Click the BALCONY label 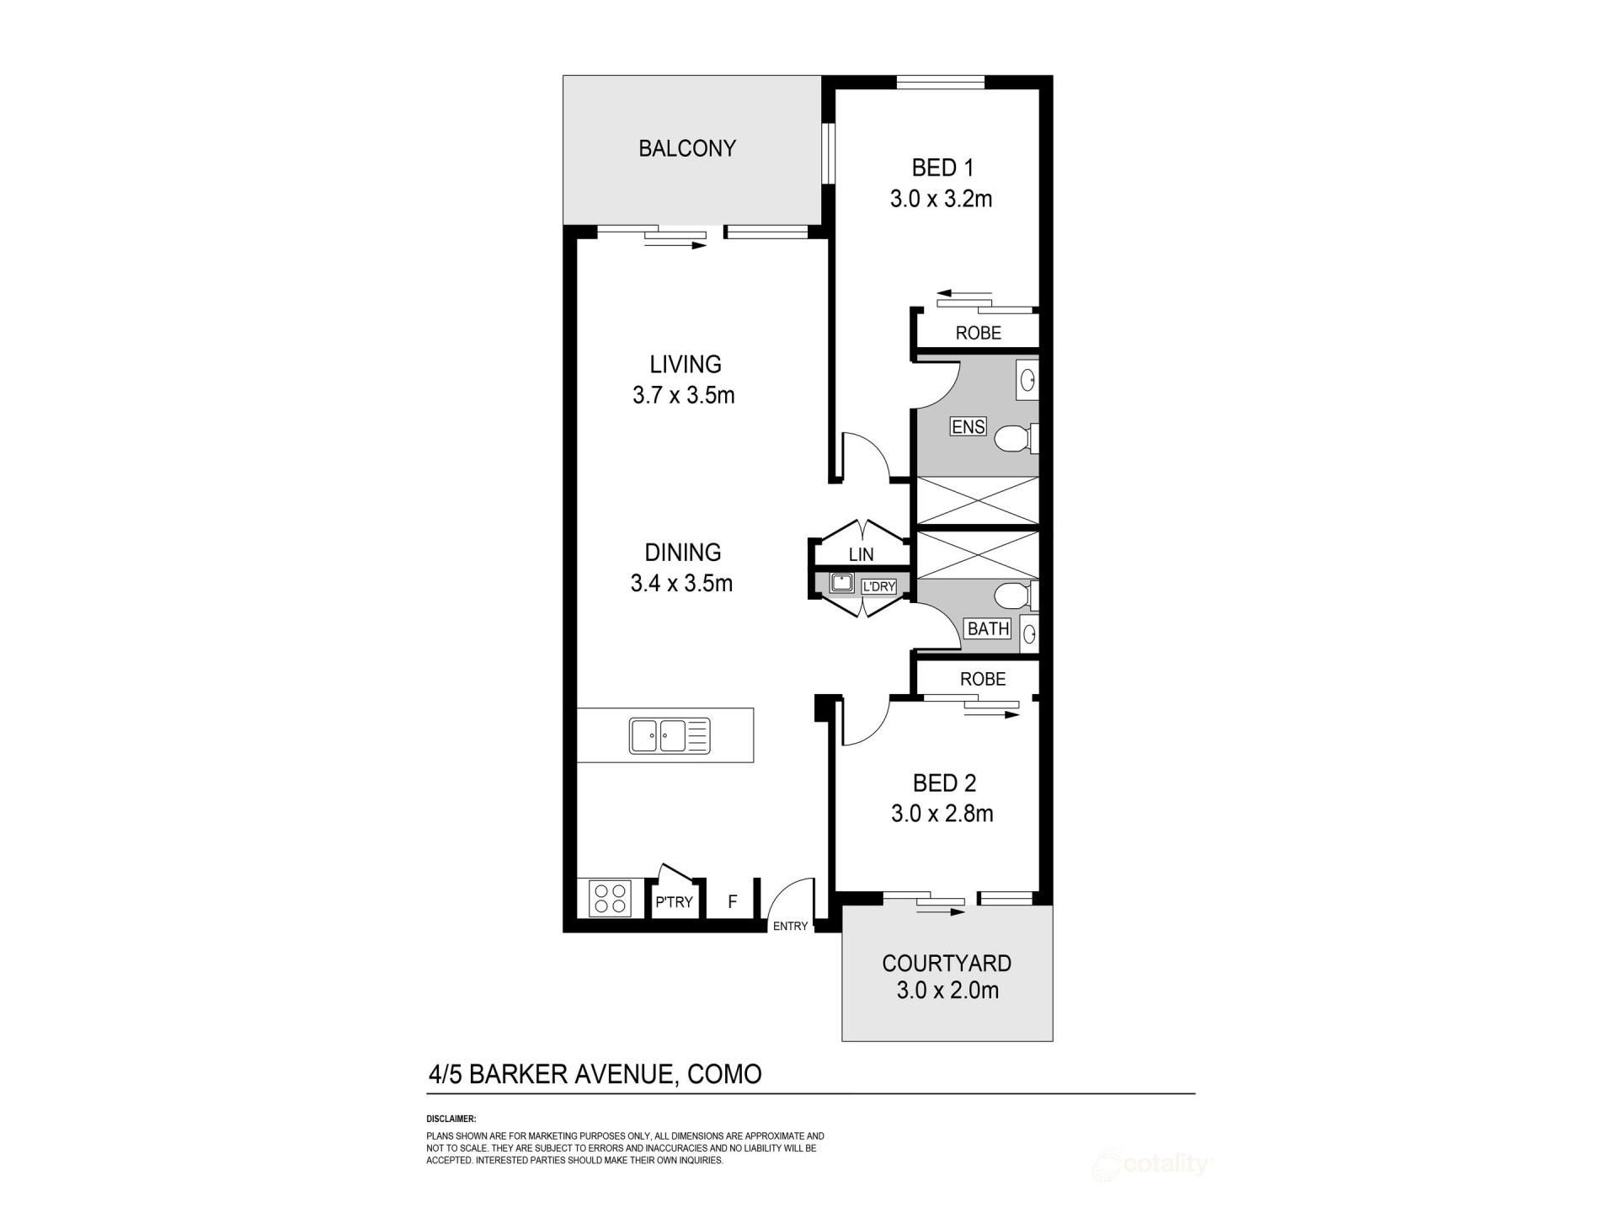687,148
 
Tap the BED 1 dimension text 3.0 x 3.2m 941,199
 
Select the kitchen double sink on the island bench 670,735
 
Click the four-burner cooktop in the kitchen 611,898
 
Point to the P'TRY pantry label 674,902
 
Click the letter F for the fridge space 733,901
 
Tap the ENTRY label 790,926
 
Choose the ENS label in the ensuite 968,426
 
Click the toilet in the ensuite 1017,439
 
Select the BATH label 988,628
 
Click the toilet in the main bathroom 1016,596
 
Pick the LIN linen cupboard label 861,554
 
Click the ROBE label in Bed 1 978,333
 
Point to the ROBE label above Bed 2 983,679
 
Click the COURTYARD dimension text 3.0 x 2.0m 947,990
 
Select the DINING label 683,553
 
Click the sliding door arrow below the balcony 675,245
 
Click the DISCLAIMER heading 451,1119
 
